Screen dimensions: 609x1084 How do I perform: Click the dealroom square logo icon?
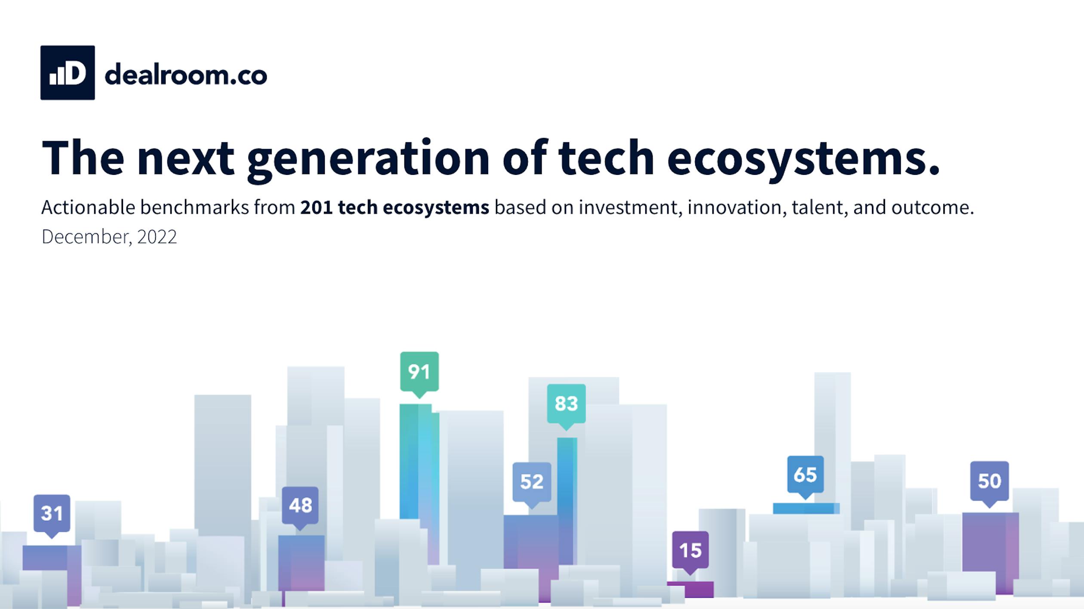(68, 73)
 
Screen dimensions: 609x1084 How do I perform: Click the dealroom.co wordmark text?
(186, 75)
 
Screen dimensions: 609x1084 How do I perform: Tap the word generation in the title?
(368, 158)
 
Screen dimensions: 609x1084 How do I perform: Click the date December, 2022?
(109, 237)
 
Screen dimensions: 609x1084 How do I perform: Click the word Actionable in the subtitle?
(88, 208)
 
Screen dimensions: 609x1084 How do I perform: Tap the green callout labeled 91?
(419, 372)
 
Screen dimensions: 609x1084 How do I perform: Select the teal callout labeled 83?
(566, 404)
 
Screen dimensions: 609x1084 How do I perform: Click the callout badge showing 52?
(532, 482)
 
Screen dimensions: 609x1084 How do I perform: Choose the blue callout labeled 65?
(805, 475)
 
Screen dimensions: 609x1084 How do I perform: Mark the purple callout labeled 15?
(690, 550)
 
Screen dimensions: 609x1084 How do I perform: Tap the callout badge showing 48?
(300, 505)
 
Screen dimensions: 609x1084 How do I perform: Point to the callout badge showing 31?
(52, 513)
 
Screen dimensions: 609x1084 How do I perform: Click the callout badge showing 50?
(989, 481)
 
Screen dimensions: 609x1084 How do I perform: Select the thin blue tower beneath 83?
(567, 495)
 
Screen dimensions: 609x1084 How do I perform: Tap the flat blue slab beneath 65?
(805, 509)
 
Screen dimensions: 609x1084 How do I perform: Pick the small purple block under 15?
(690, 589)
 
